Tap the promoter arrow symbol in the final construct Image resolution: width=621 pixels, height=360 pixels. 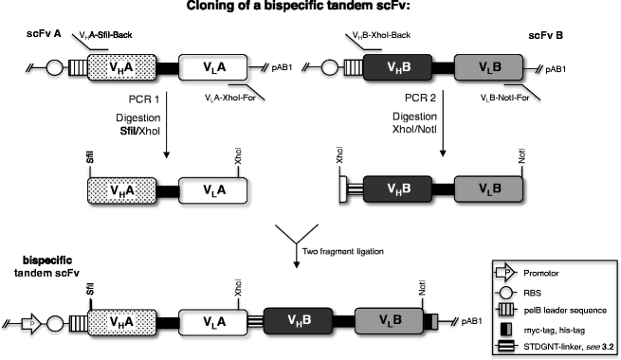coord(29,324)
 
